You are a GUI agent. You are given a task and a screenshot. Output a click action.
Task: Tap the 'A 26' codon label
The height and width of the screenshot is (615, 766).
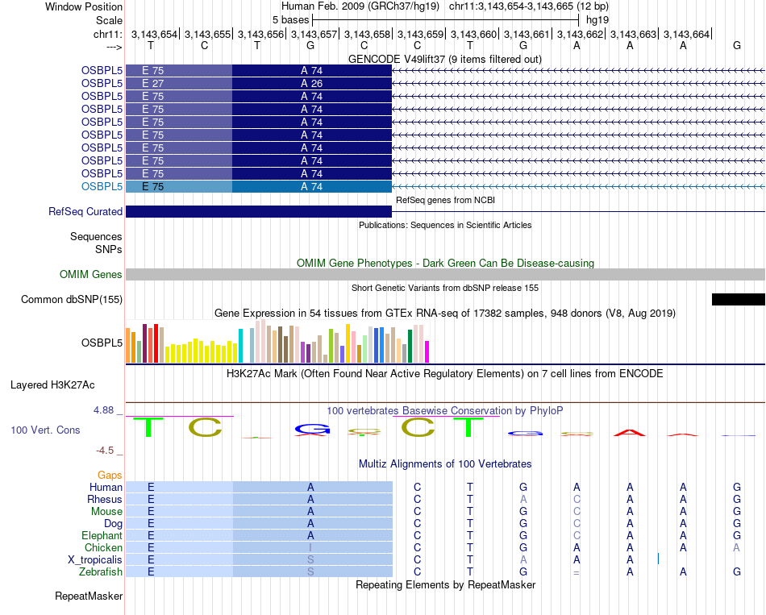pos(311,84)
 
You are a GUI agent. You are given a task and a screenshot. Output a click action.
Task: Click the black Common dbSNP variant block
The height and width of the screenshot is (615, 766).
pos(738,300)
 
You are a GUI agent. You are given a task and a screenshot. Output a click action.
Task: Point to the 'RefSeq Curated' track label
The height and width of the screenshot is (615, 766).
pos(85,211)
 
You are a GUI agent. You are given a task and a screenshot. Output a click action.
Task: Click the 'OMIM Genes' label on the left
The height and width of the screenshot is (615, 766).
pos(91,275)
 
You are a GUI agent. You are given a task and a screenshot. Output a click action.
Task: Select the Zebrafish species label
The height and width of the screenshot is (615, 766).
pos(102,571)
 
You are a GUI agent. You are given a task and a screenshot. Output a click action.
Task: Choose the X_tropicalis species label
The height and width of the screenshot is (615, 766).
pos(95,559)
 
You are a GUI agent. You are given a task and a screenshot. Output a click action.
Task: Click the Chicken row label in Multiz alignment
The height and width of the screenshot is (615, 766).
pos(103,547)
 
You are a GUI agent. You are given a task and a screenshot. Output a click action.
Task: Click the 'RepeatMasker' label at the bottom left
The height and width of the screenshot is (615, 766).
pos(89,596)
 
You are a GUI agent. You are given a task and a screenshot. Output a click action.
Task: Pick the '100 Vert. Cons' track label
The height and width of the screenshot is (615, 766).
pos(45,430)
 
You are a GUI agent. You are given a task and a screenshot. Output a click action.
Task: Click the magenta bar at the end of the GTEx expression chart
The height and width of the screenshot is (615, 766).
pos(427,352)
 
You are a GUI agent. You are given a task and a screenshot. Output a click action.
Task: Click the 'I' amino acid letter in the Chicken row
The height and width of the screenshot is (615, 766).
pos(310,548)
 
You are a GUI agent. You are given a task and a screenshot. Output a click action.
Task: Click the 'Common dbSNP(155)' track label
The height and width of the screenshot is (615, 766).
pos(72,300)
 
